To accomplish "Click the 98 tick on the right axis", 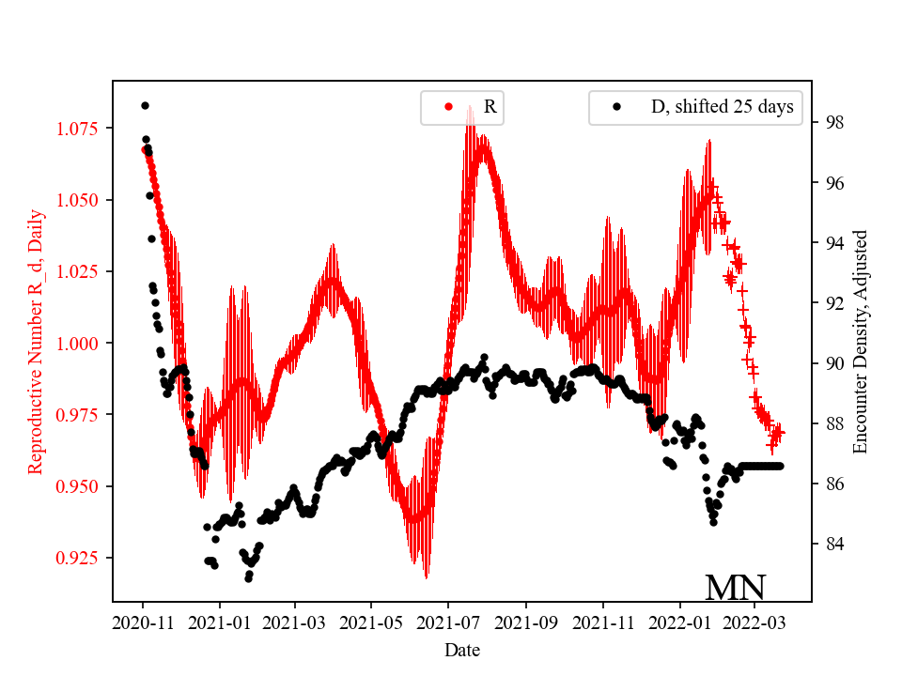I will [x=834, y=123].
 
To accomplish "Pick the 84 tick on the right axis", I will [x=834, y=545].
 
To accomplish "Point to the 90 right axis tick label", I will [x=834, y=363].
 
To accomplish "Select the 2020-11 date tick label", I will [x=143, y=622].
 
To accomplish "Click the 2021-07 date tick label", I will [x=448, y=622].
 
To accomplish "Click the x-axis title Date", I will [x=462, y=649].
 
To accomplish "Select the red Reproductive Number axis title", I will [x=36, y=343].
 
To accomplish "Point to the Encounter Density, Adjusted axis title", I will [x=860, y=343].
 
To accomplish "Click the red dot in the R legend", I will [x=448, y=107].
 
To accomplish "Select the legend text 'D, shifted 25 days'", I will [x=722, y=107].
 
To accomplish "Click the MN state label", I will [x=735, y=588].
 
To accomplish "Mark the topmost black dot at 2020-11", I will [x=145, y=105].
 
